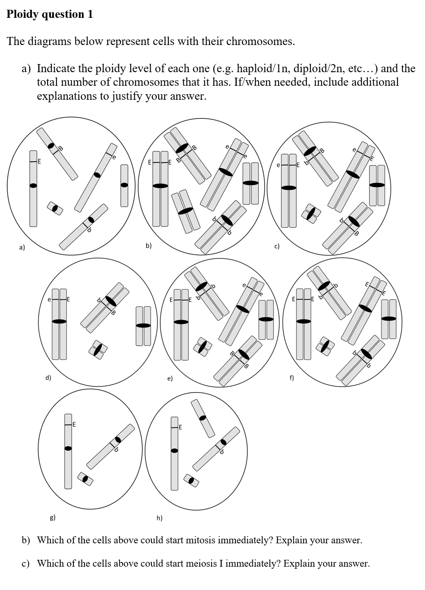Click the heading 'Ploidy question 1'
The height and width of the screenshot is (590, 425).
50,14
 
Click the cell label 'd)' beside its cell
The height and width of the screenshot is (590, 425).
48,377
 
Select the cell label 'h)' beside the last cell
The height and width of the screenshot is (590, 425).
159,517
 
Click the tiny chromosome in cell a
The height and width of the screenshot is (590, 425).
55,208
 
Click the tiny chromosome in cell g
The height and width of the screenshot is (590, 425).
85,479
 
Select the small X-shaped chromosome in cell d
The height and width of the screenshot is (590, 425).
98,349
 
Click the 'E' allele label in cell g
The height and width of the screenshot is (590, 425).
74,424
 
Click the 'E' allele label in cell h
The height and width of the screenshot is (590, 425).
180,427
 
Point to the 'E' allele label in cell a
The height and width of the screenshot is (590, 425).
39,161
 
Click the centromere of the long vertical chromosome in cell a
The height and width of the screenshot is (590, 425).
33,185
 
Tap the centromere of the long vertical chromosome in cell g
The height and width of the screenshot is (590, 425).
68,448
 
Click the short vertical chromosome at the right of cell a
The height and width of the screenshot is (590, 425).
124,185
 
